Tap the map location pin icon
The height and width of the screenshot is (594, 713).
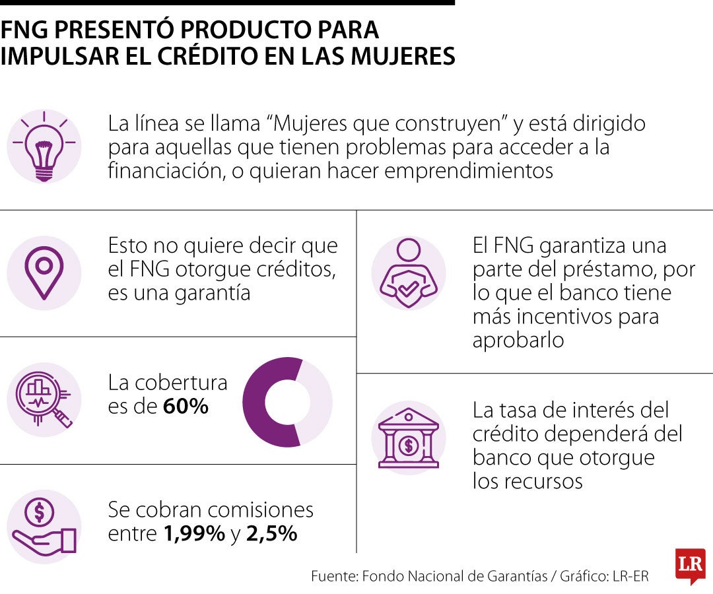coord(44,273)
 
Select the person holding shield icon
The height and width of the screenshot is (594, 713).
coord(409,273)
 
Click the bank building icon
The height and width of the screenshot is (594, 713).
coord(409,438)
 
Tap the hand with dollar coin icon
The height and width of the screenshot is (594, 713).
coord(44,527)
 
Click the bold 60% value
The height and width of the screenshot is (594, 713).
coord(186,406)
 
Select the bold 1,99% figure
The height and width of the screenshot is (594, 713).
coord(194,533)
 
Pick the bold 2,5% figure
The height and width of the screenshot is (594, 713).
coord(272,533)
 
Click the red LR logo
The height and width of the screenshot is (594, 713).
coord(691,565)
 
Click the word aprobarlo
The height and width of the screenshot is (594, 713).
coord(518,340)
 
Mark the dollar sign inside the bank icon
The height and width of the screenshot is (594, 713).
coord(409,445)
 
